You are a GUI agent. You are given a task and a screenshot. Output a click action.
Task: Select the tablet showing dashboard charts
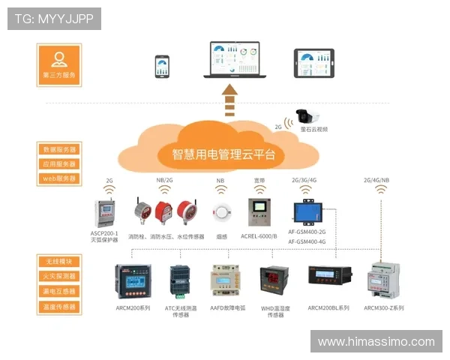(x=313, y=64)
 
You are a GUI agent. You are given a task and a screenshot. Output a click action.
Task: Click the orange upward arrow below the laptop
(x=230, y=100)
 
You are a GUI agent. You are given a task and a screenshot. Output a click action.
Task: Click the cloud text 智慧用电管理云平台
(x=223, y=155)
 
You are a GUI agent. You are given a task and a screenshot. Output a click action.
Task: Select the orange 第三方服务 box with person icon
(x=59, y=64)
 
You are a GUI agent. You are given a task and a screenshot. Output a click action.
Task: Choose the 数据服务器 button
(x=59, y=149)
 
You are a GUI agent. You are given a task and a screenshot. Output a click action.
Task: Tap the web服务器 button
(x=59, y=178)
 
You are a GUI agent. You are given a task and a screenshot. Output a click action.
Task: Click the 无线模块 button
(x=59, y=262)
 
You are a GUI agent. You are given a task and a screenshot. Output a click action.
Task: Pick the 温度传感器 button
(x=59, y=307)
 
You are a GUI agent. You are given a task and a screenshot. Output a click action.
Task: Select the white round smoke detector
(x=221, y=211)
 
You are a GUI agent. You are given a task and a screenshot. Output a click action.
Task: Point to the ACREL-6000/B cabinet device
(x=259, y=212)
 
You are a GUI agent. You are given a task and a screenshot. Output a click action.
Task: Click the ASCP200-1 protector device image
(x=103, y=212)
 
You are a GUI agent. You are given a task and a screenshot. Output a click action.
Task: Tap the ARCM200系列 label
(x=133, y=308)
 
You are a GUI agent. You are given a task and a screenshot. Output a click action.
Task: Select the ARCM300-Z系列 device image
(x=383, y=282)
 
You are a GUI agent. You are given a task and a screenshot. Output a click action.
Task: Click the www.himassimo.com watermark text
(x=376, y=342)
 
